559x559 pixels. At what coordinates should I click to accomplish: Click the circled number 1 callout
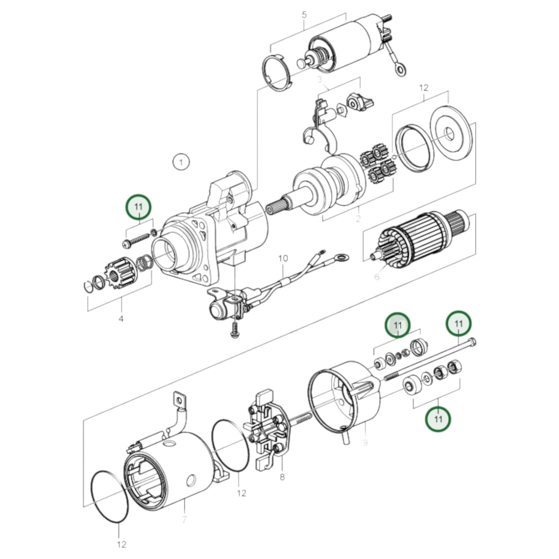click(181, 162)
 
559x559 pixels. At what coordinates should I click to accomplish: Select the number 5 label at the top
click(304, 15)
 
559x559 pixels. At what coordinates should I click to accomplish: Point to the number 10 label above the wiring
click(283, 258)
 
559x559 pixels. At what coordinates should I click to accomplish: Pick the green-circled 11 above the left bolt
click(138, 207)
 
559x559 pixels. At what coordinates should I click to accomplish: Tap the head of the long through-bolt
click(472, 342)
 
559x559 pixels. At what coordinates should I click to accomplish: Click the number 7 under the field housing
click(184, 519)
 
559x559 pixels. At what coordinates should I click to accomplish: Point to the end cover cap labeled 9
click(346, 398)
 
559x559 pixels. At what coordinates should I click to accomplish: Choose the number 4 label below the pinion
click(121, 319)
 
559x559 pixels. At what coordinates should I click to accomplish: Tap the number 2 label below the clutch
click(358, 219)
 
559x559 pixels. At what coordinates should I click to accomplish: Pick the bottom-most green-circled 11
click(438, 419)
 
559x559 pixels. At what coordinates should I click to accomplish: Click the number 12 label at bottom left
click(121, 544)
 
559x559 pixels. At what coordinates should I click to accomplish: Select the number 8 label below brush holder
click(282, 477)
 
